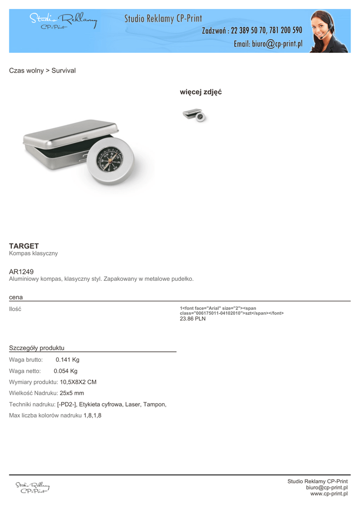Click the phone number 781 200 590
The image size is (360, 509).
pos(286,31)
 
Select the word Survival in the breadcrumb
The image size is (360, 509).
pos(64,71)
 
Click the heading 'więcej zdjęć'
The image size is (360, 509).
pos(200,92)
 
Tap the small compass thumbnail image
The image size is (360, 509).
pos(194,115)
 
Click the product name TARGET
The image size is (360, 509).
pos(24,246)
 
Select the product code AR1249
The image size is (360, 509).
pos(21,271)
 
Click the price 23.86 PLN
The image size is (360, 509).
pos(192,319)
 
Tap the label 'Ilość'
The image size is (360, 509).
pos(15,309)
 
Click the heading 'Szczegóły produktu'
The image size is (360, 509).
pos(37,348)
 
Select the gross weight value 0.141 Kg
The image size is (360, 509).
pos(68,360)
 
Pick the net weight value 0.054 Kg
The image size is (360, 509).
pos(66,371)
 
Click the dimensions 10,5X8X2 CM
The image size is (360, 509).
pos(78,382)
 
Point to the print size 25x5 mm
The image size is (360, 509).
pos(72,393)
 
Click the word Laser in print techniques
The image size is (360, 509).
pos(133,405)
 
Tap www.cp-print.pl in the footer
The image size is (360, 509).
pos(329,494)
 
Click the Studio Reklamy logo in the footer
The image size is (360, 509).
pos(32,487)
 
